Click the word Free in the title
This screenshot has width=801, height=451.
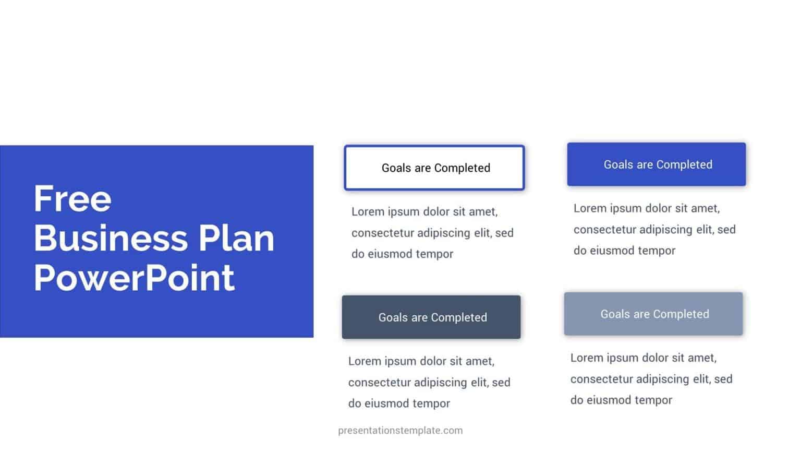[72, 199]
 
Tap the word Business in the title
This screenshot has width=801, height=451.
[110, 238]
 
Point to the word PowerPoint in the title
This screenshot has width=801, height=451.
[134, 278]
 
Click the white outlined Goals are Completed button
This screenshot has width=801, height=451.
[434, 168]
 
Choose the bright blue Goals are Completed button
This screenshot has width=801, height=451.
[656, 164]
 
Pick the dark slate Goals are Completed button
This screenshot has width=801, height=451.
[431, 317]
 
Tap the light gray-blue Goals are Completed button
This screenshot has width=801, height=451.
[653, 314]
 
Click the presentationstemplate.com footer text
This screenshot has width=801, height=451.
[400, 431]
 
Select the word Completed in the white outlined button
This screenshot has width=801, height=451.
[462, 168]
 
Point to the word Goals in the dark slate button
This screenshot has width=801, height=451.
[393, 317]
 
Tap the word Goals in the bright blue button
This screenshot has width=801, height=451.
[618, 164]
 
